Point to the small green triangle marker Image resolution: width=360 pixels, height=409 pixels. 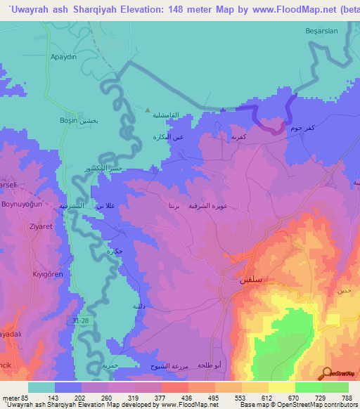[x=147, y=110]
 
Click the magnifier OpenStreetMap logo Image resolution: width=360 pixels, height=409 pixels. [x=326, y=375]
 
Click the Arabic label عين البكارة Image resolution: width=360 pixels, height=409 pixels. [x=169, y=137]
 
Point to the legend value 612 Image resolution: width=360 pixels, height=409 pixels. [x=258, y=398]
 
